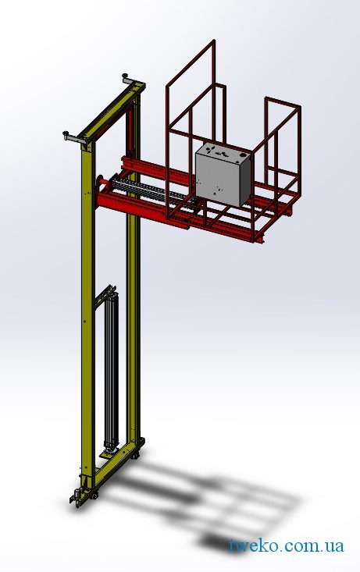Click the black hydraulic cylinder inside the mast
pos(112,368)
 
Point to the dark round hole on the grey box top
pos(242,155)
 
